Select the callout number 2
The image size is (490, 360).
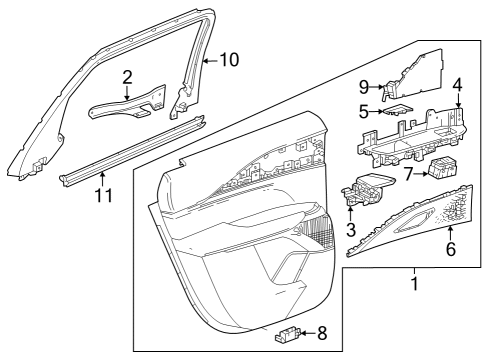(x=127, y=76)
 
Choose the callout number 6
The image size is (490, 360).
(x=451, y=249)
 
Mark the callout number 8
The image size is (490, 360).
(x=321, y=334)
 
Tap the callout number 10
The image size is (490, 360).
(x=229, y=60)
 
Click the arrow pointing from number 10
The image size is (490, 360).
(x=208, y=60)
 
